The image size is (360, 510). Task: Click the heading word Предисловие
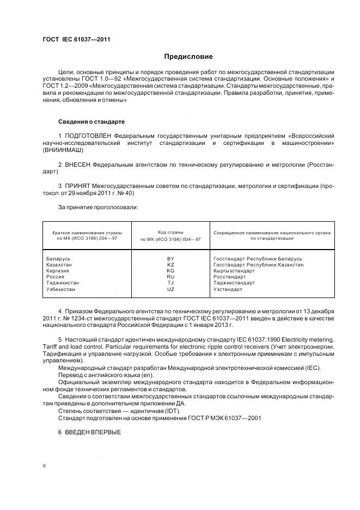pyautogui.click(x=188, y=57)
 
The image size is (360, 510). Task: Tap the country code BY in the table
pyautogui.click(x=170, y=258)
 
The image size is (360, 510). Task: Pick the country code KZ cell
pyautogui.click(x=170, y=264)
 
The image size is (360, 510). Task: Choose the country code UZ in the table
pyautogui.click(x=170, y=289)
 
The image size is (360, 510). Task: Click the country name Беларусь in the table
pyautogui.click(x=59, y=258)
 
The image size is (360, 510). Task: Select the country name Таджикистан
pyautogui.click(x=63, y=283)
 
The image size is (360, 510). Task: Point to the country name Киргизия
pyautogui.click(x=59, y=271)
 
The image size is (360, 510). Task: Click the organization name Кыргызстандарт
pyautogui.click(x=234, y=271)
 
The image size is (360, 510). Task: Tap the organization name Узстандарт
pyautogui.click(x=228, y=289)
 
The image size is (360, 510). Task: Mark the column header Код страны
pyautogui.click(x=170, y=232)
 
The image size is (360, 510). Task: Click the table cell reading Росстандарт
pyautogui.click(x=229, y=277)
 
